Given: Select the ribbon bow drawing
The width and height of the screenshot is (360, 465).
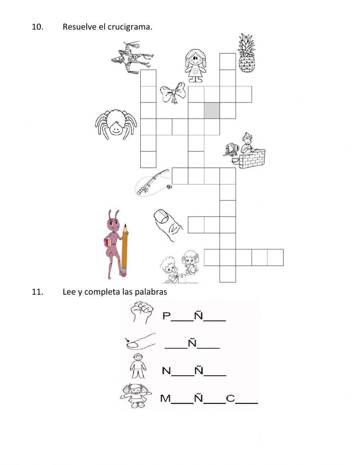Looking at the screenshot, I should [x=173, y=93].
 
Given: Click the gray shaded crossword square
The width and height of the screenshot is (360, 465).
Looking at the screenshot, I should [x=212, y=111].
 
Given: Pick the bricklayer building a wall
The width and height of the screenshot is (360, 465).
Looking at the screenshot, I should [x=247, y=151].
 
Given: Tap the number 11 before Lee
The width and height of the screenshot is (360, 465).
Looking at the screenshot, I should [x=37, y=292].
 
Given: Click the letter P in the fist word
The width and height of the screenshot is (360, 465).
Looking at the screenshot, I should [x=166, y=316].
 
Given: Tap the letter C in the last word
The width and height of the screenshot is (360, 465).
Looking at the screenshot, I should [x=230, y=399].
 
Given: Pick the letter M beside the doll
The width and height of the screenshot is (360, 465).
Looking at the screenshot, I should [x=166, y=399].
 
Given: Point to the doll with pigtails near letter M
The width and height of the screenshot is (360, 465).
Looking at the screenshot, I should [x=136, y=395].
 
